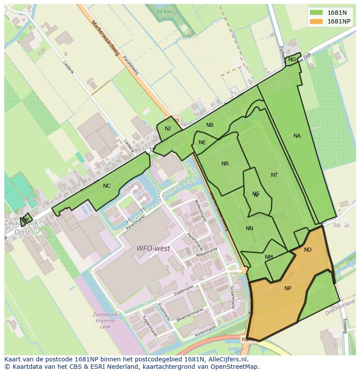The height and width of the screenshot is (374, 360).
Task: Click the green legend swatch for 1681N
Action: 317,13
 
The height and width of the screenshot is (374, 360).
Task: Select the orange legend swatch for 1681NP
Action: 317,21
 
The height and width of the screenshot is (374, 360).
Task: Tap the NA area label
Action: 297,136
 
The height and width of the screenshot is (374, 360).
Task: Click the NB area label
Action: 210,125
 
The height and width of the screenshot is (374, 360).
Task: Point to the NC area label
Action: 107,186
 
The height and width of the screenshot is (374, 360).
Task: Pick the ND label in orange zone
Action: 308,250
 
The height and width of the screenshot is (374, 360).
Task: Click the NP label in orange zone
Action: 288,288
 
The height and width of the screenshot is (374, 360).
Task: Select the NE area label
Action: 202,142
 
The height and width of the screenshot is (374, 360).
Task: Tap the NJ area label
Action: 168,129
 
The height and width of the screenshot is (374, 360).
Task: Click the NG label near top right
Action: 292,60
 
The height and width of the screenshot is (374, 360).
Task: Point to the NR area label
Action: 225,164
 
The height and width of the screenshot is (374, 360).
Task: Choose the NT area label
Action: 274,175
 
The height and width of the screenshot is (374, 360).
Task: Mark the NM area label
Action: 269,257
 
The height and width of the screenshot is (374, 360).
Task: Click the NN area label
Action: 249,228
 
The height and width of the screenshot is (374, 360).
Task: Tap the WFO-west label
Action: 153,249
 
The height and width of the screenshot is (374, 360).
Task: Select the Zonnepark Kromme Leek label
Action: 104,320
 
